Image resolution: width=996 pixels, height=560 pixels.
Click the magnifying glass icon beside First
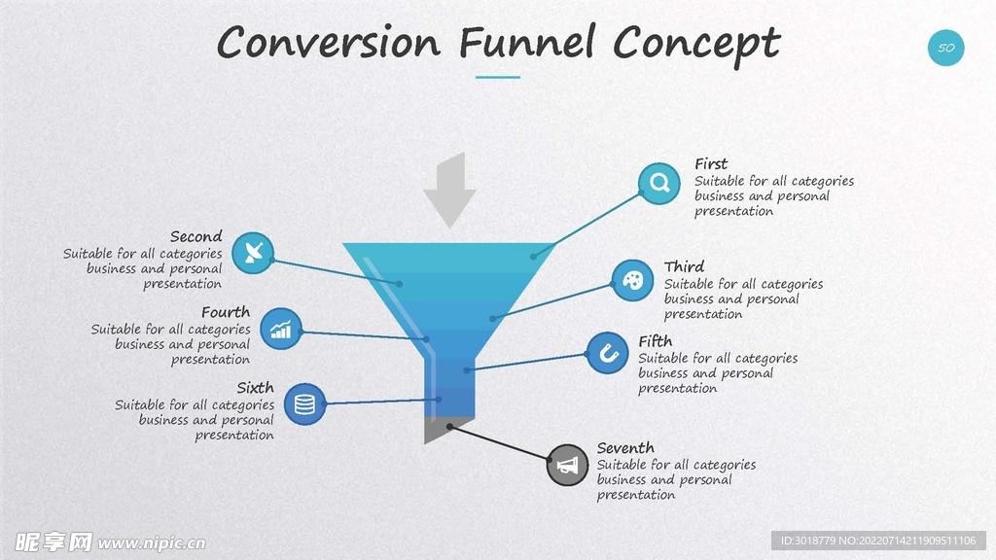659,183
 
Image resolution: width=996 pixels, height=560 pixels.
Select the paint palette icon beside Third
632,281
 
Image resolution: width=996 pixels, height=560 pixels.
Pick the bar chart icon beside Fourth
281,329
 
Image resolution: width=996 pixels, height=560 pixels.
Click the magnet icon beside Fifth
608,353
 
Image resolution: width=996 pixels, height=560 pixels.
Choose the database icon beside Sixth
304,402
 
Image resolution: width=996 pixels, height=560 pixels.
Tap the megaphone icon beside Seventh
567,466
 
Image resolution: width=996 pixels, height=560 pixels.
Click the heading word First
711,164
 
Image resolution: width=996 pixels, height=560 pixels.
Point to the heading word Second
196,236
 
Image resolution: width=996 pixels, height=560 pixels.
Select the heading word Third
684,266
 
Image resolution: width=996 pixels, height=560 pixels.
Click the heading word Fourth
226,312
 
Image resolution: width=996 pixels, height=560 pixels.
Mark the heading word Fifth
656,341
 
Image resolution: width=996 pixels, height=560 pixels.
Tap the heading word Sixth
255,388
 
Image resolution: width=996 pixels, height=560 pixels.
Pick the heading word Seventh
625,448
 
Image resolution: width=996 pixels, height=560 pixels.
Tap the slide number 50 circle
945,48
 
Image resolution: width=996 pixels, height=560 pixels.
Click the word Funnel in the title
526,44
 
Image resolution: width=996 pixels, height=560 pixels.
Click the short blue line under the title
498,77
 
